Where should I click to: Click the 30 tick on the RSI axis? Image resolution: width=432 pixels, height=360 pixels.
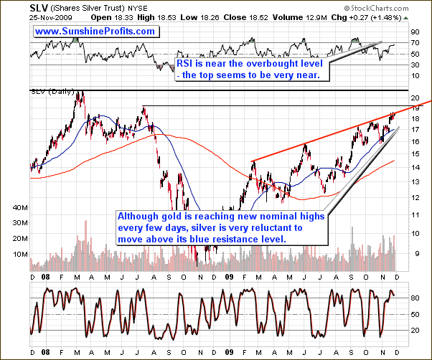(415, 65)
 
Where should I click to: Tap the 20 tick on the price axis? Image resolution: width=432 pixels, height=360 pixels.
(415, 96)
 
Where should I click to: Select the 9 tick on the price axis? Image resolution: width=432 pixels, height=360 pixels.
(415, 252)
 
